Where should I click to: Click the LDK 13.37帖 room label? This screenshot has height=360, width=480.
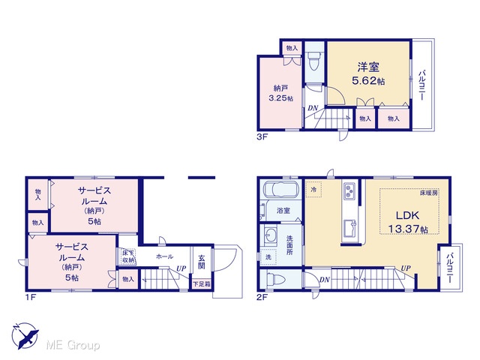coord(408,222)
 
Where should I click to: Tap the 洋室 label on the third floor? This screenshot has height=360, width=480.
coord(368,67)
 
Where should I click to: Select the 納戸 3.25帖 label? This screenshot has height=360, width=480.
coord(280,93)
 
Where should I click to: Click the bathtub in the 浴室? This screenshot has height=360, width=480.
coord(280,190)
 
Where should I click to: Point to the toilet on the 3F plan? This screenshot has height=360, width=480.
coord(314,61)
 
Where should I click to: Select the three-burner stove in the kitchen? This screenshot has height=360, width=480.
coord(349,190)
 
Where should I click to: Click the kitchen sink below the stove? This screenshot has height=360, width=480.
coord(350,229)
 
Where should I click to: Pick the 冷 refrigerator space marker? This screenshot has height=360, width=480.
coord(313,189)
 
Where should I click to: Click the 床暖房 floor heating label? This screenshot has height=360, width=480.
coord(428,193)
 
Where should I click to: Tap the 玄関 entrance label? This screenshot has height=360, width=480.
coord(202,262)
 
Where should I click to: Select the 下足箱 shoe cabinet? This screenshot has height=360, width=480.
coord(202,283)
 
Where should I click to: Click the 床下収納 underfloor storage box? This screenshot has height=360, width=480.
coord(128,256)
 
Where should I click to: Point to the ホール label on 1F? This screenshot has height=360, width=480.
coord(165,256)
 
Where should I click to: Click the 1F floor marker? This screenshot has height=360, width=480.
coord(31,297)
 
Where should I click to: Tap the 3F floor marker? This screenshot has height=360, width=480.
coord(262,136)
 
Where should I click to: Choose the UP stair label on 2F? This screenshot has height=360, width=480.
coord(406,268)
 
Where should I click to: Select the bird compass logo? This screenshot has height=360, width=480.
coord(25,336)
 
